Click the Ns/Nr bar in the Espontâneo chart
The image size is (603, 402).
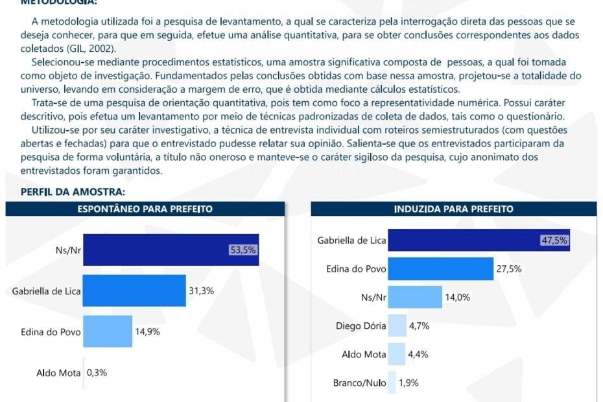point(171,250)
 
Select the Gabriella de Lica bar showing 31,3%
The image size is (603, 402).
point(134,291)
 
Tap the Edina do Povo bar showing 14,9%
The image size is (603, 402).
point(108,331)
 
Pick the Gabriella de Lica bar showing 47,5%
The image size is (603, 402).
point(479,241)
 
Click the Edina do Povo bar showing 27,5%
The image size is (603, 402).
point(441,268)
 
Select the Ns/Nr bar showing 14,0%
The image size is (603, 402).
point(415,298)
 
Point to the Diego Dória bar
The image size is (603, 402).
point(397,326)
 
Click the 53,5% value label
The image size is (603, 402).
point(243,250)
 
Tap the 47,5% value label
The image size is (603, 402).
point(554,241)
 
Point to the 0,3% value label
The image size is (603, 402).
point(97,373)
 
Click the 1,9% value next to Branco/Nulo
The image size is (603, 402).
point(409,383)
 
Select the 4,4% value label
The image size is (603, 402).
point(418,355)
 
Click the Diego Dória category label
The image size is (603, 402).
point(361,326)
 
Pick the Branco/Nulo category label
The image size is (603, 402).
point(359,383)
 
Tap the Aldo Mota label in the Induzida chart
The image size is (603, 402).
point(364,355)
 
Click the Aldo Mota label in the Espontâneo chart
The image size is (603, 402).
point(58,373)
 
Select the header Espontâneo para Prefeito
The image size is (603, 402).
point(145,209)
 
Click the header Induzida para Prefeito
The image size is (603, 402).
point(453,209)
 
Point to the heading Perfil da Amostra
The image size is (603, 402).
point(73,192)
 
